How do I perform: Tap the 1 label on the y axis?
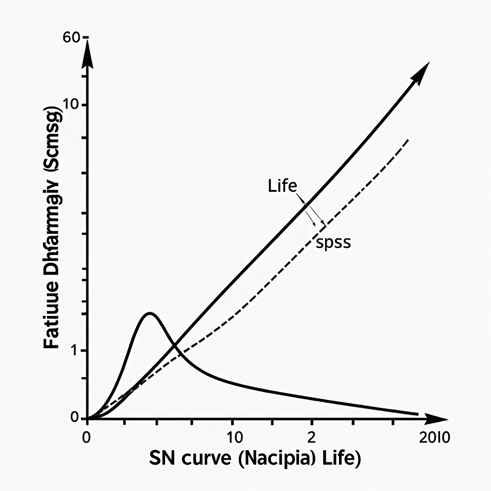point(74,351)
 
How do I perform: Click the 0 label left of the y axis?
point(74,418)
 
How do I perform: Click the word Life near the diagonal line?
point(282,186)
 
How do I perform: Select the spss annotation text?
point(333,243)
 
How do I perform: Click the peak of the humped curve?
point(150,314)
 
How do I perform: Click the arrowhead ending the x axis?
point(436,418)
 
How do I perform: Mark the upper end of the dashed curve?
point(408,140)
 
